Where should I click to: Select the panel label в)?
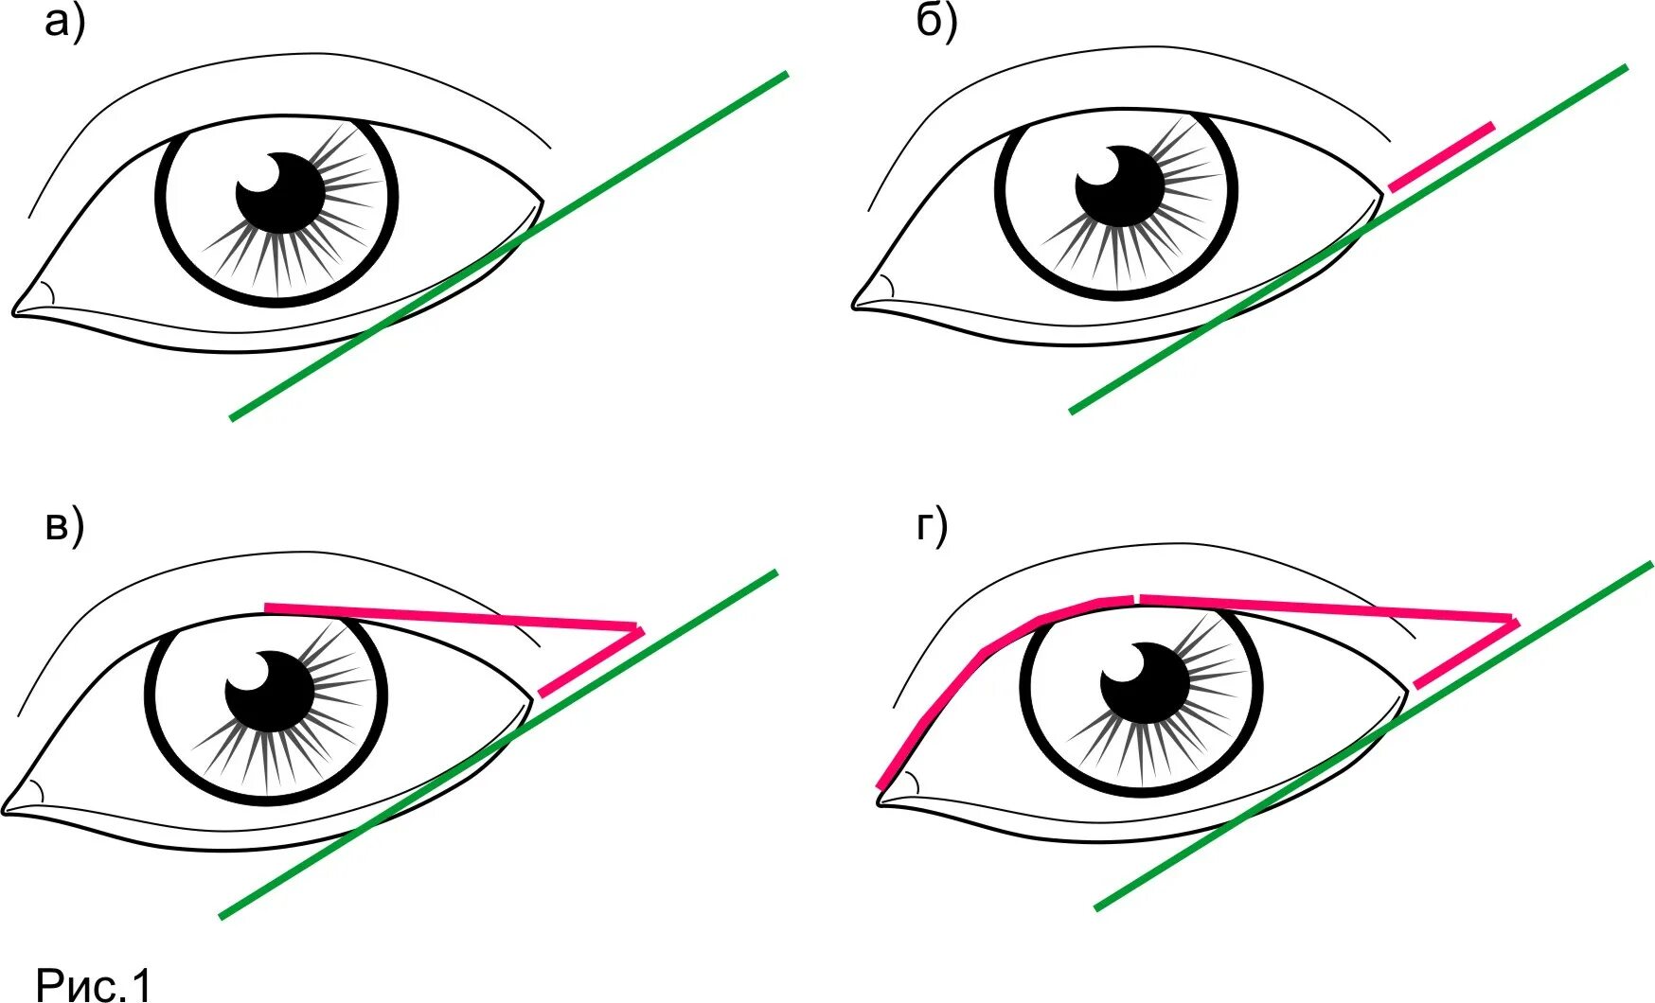64,526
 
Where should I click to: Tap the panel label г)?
932,526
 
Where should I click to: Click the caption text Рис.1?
94,984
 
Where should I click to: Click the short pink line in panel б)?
1441,156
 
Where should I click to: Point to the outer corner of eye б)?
1381,194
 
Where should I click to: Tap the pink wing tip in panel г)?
1514,621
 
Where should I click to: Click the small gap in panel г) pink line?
1136,599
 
